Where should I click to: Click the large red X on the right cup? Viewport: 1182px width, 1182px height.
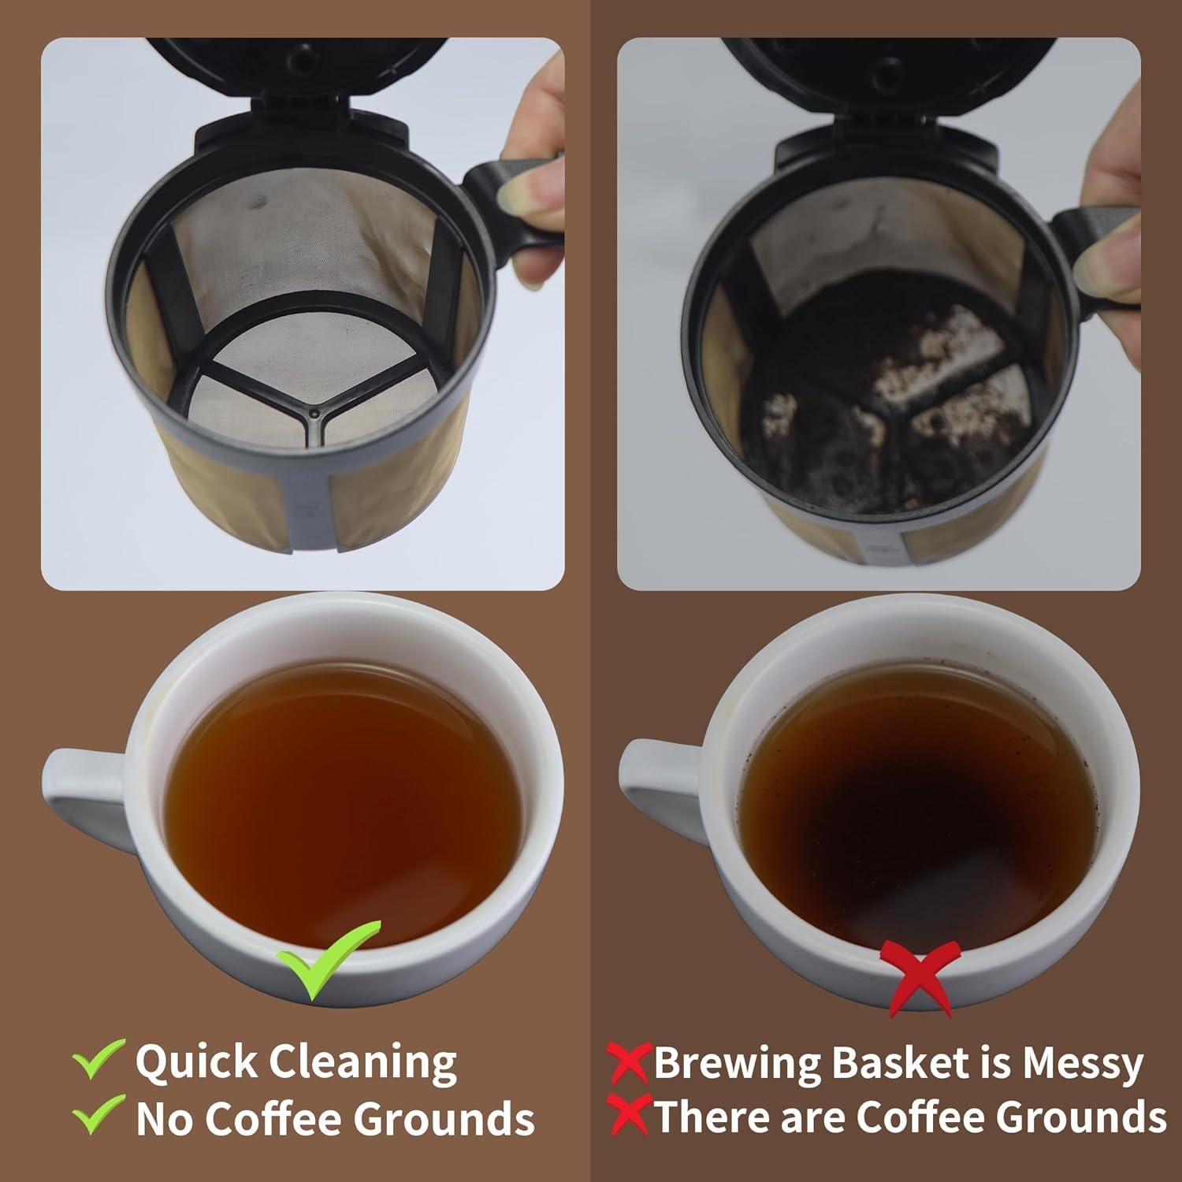921,975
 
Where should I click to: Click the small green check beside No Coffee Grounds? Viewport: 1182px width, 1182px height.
98,1115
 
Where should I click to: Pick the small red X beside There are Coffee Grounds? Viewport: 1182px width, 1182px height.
629,1116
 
